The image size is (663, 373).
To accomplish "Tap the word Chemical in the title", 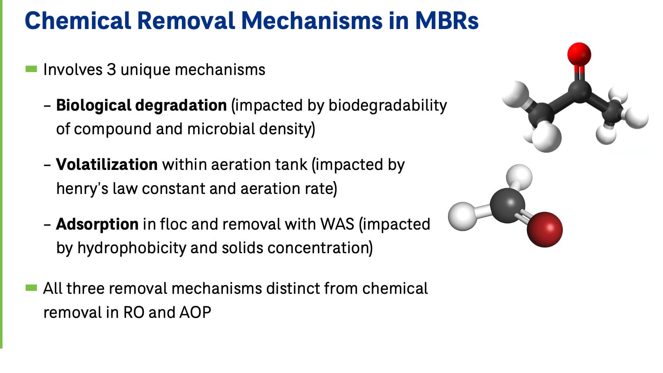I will pos(77,21).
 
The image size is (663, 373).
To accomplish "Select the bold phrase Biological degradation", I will pos(141,105).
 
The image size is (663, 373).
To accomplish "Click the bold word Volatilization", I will pos(106,165).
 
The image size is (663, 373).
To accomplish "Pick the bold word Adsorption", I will pos(97,224).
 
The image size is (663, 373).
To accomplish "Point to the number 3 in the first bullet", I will pos(111,70).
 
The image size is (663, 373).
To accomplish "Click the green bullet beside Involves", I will pos(31,69).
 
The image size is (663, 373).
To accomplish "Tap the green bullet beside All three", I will pos(31,288).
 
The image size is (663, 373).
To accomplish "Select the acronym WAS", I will pos(337,224).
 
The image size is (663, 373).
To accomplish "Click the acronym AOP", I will pos(195,312).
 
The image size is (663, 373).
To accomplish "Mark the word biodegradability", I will pos(387,105).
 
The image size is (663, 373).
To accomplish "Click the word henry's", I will pos(82,189).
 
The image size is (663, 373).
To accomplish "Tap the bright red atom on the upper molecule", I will pos(579,54).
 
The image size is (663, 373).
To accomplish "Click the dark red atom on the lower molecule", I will pos(544,229).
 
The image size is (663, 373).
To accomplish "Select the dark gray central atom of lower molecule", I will pos(507,205).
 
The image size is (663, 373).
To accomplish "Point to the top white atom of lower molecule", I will pos(519,176).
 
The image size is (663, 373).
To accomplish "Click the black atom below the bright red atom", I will pos(579,90).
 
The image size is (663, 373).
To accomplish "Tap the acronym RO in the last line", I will pos(133,312).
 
